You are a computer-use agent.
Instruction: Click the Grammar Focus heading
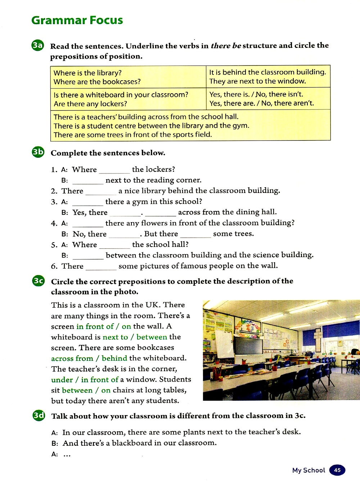[77, 20]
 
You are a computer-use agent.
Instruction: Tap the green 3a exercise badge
[37, 45]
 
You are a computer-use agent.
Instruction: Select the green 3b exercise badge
[38, 152]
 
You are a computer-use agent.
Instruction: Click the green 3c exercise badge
[38, 280]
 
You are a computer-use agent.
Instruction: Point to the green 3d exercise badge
[39, 415]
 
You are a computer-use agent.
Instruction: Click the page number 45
[337, 470]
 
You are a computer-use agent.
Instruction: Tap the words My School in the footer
[309, 470]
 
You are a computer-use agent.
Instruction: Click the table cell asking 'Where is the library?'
[87, 73]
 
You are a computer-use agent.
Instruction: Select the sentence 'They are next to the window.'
[257, 81]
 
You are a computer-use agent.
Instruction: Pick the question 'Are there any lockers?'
[90, 104]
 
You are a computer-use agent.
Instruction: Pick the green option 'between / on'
[86, 390]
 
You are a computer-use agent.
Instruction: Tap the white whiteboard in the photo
[224, 343]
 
